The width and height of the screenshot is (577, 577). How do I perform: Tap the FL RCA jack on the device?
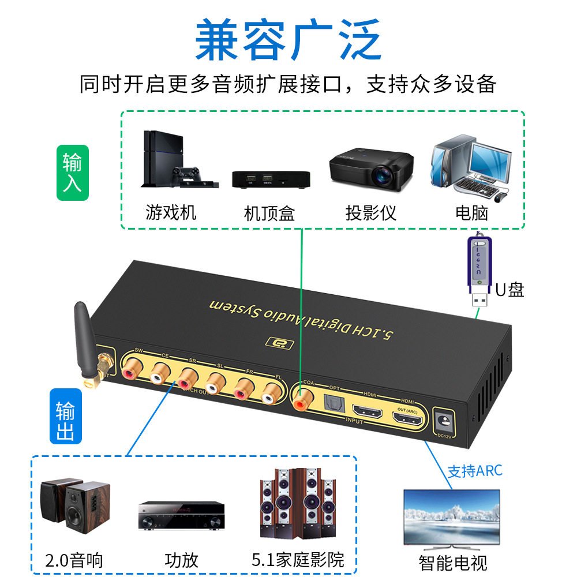(x=270, y=397)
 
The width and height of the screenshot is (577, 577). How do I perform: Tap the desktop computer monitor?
(x=489, y=159)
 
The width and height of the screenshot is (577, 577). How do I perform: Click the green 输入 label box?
(x=73, y=173)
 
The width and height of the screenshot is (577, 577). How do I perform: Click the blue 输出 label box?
(x=66, y=416)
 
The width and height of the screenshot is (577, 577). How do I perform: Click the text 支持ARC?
(x=475, y=471)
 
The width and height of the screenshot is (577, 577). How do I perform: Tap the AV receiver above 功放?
(x=181, y=515)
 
